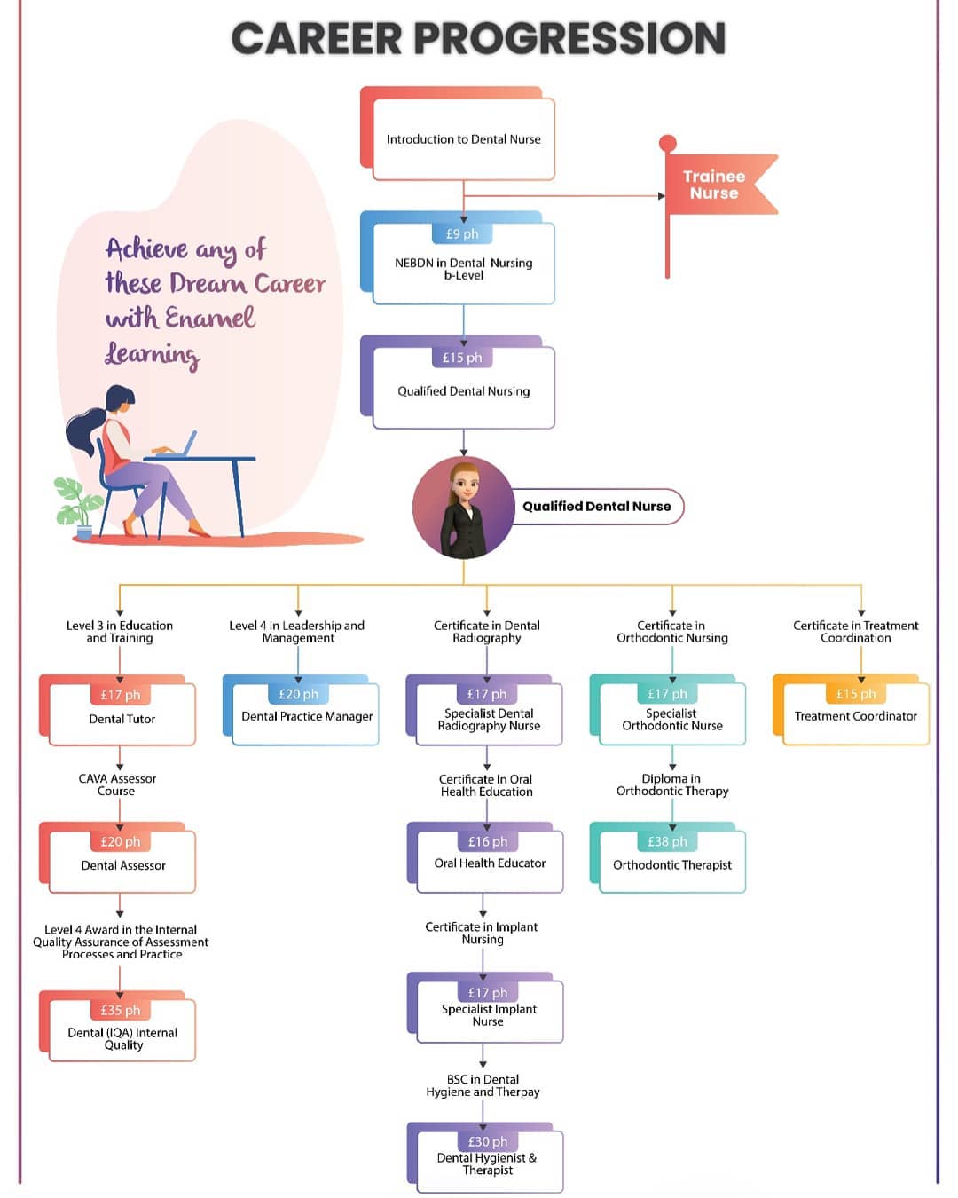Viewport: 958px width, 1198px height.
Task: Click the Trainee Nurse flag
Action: click(x=718, y=185)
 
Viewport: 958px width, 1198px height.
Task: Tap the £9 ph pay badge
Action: click(x=462, y=233)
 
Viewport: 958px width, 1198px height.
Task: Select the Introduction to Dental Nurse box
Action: click(x=458, y=134)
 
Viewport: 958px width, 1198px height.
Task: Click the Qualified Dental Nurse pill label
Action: click(x=597, y=506)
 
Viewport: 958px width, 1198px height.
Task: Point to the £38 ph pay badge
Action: click(x=667, y=841)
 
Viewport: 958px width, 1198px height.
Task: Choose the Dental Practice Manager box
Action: click(x=301, y=710)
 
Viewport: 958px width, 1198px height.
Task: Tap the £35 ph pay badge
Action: click(x=121, y=1010)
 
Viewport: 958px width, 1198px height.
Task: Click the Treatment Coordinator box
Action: click(x=852, y=710)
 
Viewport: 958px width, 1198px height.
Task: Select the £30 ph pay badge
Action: click(x=488, y=1141)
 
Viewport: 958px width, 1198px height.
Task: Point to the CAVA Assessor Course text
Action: click(x=117, y=784)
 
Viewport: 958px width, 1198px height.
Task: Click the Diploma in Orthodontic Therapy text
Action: click(x=672, y=784)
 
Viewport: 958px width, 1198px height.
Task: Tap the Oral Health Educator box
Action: click(x=485, y=858)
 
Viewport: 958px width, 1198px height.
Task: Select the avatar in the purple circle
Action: click(x=463, y=507)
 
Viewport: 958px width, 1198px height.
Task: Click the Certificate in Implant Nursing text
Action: click(x=482, y=933)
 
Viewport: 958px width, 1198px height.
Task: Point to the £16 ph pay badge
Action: click(x=488, y=841)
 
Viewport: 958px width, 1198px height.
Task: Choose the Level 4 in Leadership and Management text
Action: click(x=297, y=631)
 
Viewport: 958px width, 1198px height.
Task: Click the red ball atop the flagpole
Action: click(x=667, y=143)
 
